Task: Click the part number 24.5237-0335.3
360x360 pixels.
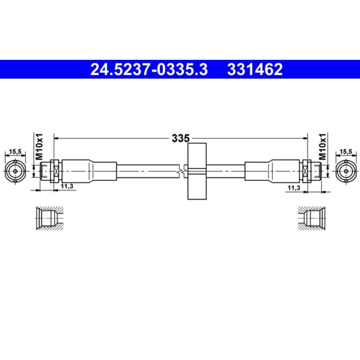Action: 149,69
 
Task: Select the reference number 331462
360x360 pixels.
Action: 255,69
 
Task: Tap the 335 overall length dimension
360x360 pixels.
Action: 181,138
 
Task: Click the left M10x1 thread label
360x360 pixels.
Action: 39,147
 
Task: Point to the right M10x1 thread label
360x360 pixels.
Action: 323,147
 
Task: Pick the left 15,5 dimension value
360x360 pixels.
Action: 15,152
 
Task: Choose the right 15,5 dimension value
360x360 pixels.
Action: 346,152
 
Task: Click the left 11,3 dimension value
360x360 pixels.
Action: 67,186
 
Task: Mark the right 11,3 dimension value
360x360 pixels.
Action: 294,188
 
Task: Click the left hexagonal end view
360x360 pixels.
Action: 15,171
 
